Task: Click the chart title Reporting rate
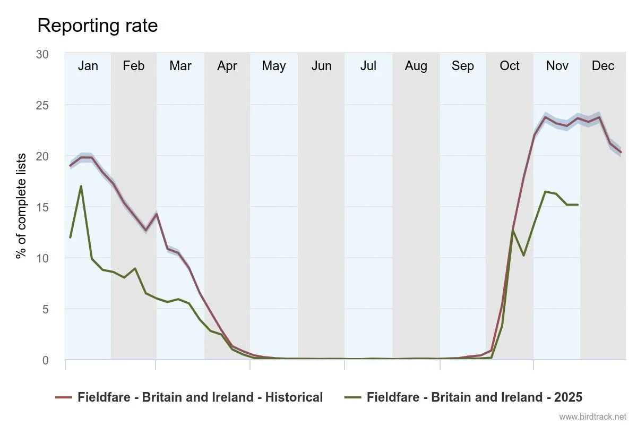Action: point(97,25)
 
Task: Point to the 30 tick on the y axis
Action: point(42,54)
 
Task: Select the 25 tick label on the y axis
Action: point(42,105)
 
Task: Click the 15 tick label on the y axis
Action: point(42,207)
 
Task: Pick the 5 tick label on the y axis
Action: point(45,309)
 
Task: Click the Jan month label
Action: point(88,66)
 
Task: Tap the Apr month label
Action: point(227,66)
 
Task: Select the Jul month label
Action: point(368,66)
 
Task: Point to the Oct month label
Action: point(510,66)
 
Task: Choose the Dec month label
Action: point(603,66)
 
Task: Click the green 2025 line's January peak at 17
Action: point(81,186)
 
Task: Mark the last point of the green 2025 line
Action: point(578,205)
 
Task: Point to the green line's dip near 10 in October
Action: point(524,256)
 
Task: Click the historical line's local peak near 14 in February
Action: point(156,214)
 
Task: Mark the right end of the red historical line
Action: point(621,152)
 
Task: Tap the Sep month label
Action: point(463,66)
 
